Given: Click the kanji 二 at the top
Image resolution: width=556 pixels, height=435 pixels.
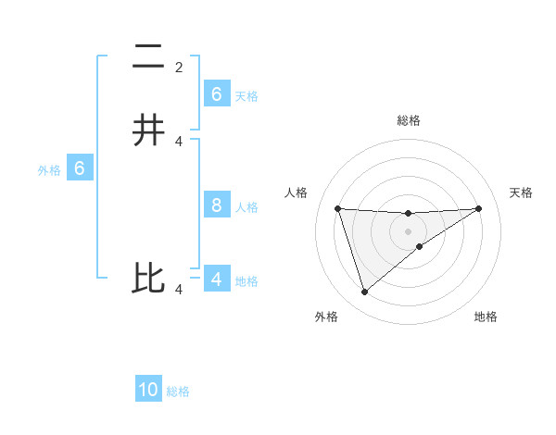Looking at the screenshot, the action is [149, 57].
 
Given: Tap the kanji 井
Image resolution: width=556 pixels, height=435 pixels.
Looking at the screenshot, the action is [149, 130].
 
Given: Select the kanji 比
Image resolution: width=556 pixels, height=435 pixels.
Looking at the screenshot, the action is [149, 279].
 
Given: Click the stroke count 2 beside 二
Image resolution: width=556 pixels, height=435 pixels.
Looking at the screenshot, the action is [179, 67].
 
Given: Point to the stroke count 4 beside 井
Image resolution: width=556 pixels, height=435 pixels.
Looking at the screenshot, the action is [179, 141].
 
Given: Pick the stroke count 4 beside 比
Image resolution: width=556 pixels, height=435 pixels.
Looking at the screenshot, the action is [179, 290].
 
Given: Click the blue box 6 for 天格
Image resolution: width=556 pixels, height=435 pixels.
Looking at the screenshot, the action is [217, 93].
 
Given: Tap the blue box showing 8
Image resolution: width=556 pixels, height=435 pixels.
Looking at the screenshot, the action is [217, 205].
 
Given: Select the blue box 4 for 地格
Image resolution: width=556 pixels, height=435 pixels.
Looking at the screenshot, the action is [217, 279].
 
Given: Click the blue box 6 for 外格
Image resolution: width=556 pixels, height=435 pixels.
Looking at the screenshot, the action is [80, 168].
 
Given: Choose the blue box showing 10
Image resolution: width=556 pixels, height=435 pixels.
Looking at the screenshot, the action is [148, 390].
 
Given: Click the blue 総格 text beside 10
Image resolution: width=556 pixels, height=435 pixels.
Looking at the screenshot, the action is [178, 391].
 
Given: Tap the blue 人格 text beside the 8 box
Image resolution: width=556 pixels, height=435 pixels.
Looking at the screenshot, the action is [246, 207].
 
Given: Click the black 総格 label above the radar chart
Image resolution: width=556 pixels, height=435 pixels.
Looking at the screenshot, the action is [408, 120].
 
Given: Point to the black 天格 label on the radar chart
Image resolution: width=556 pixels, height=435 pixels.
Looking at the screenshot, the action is [521, 193].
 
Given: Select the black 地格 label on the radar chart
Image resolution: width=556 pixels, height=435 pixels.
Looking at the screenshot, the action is [486, 317].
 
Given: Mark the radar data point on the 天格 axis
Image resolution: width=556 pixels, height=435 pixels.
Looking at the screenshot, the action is [478, 208].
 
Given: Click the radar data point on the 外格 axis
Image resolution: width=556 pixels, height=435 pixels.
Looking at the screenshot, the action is [364, 292].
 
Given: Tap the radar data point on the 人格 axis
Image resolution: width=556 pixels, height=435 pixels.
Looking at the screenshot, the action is [337, 208].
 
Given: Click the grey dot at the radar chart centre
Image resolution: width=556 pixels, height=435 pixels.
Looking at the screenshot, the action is [408, 231].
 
